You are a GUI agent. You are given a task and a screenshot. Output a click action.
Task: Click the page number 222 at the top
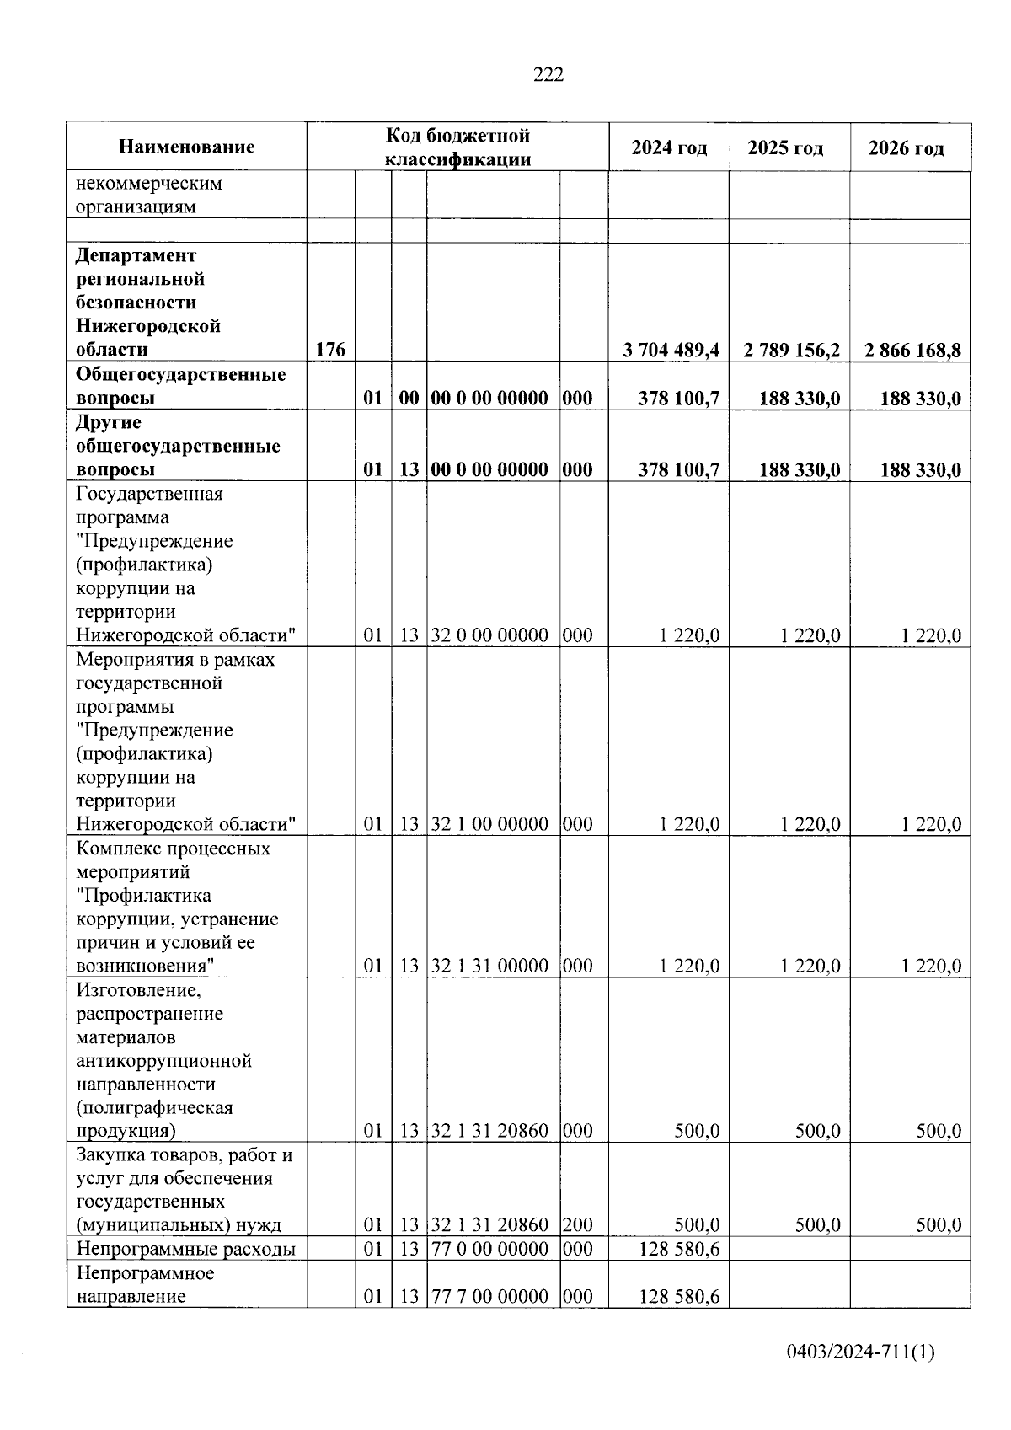pos(548,75)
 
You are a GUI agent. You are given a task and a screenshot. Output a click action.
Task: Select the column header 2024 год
pos(669,148)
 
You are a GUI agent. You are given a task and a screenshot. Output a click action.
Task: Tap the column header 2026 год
pos(907,148)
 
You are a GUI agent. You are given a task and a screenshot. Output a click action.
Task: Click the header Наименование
pos(186,147)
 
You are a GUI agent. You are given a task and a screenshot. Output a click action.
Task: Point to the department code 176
pos(330,350)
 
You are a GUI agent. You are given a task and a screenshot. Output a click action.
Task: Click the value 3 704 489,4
pos(671,350)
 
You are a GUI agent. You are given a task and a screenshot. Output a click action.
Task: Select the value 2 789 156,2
pos(791,350)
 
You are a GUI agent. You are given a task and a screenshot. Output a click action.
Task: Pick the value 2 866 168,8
pos(912,350)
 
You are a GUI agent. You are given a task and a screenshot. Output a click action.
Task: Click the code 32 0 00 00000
pos(489,635)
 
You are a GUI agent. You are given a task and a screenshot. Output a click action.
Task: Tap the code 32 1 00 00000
pos(489,824)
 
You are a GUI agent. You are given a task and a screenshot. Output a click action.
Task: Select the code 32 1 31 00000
pos(489,966)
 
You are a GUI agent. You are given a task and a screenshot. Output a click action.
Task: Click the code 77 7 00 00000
pos(489,1296)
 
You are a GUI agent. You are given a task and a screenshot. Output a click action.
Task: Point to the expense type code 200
pos(577,1224)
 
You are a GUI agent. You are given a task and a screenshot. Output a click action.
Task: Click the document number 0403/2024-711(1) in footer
pos(860,1352)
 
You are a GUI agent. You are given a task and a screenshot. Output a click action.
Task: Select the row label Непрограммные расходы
pos(185,1249)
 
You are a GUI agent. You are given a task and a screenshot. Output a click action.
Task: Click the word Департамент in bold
pos(136,255)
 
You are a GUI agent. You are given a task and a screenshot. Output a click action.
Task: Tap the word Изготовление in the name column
pos(138,989)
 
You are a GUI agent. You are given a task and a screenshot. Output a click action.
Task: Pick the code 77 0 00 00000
pos(489,1249)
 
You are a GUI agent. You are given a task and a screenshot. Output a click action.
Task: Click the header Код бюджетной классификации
pos(457,147)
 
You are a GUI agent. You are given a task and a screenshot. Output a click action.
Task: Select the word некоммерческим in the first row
pos(149,183)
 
